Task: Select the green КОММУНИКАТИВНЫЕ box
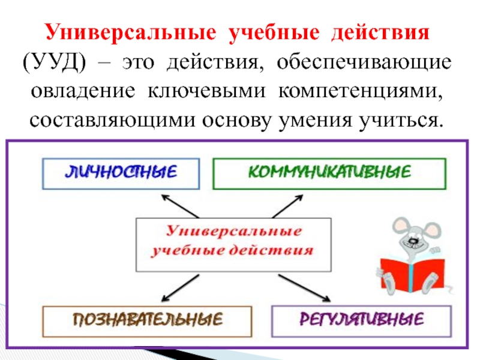click(329, 173)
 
